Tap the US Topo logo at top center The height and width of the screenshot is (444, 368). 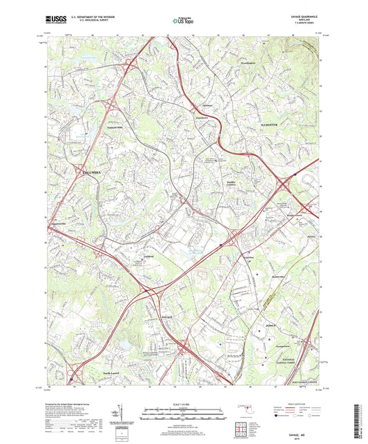[x=181, y=22]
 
